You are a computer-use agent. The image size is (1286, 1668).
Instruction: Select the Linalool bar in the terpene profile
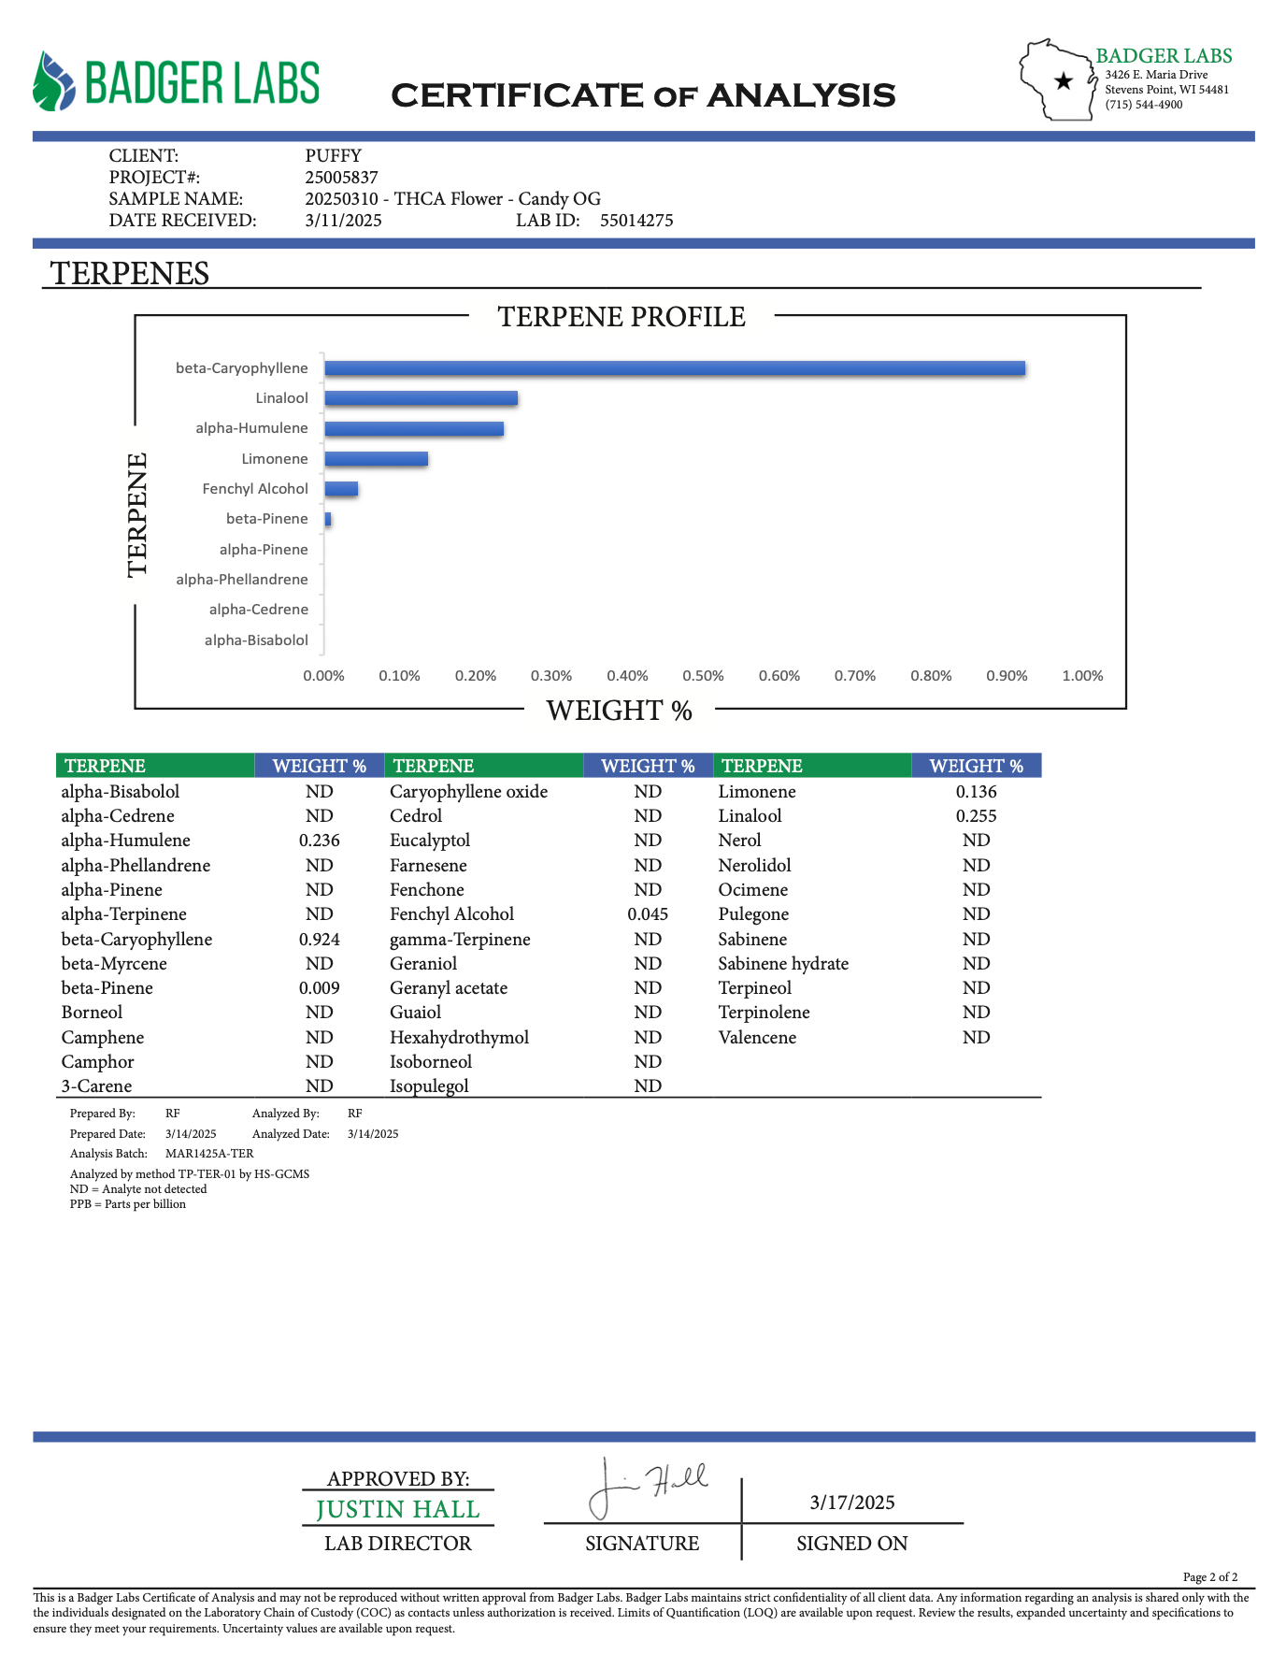[x=422, y=398]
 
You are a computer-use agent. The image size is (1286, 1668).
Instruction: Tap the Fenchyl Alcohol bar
[x=341, y=489]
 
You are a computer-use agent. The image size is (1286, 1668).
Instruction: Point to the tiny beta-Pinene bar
[x=328, y=519]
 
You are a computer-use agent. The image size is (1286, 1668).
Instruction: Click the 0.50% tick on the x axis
[x=703, y=675]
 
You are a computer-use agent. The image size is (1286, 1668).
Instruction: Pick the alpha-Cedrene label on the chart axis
[x=258, y=610]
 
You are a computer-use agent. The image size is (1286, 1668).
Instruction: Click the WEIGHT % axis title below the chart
[x=619, y=711]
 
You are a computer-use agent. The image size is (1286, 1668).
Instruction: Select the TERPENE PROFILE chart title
[x=622, y=317]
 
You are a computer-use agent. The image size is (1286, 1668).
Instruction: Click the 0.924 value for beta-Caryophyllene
[x=320, y=939]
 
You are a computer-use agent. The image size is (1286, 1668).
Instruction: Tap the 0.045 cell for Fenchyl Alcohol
[x=648, y=914]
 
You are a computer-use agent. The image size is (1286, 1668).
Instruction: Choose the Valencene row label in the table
[x=757, y=1037]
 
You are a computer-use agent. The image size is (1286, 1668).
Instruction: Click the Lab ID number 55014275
[x=636, y=221]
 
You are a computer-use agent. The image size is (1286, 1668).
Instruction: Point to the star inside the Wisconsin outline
[x=1063, y=81]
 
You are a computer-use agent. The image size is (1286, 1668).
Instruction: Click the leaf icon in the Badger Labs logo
[x=53, y=82]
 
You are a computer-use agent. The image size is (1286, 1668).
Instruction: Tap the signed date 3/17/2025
[x=852, y=1503]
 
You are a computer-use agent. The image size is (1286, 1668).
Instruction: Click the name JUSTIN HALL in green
[x=398, y=1509]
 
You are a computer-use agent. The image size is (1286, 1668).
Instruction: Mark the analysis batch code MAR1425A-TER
[x=209, y=1154]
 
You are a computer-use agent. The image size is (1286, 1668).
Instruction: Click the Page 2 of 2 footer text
[x=1210, y=1577]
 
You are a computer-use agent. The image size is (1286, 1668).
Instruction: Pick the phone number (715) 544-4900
[x=1144, y=105]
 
